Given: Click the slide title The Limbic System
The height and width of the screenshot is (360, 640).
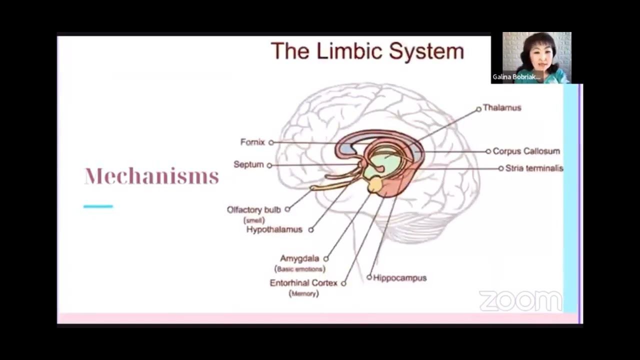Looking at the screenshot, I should pos(367,51).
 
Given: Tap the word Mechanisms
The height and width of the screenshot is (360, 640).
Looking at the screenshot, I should pos(152,176).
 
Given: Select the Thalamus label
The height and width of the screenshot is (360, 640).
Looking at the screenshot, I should pos(501,108).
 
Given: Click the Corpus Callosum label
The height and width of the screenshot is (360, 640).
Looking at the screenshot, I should pos(526,151).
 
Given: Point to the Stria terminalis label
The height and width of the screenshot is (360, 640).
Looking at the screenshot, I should pos(534,168).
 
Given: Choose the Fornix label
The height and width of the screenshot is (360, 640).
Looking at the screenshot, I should pos(252,142).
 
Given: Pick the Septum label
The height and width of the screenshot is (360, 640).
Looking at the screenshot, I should pos(248,164).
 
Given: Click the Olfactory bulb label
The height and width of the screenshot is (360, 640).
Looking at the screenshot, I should pos(254,209).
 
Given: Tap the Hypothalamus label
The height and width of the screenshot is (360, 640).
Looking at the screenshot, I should pos(274,229).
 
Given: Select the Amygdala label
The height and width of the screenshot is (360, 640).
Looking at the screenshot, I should pos(299,258).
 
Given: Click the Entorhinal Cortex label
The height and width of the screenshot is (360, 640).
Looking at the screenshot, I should pos(303,283).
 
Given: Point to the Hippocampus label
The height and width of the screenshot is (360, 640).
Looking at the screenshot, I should pos(399,277).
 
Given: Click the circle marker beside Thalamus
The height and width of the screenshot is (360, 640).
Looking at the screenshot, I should pos(478,108).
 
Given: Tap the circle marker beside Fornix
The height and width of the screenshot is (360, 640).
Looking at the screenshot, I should pos(271,142).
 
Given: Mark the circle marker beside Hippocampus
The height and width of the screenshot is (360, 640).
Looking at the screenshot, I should pos(369,277).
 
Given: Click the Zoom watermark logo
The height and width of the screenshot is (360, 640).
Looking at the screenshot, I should pos(520,301).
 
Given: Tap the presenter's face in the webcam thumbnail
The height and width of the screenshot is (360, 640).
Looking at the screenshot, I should pos(532,54).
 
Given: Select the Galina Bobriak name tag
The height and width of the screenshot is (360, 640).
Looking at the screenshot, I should pos(516,77).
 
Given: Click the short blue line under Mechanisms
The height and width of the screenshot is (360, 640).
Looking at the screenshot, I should pos(98,206).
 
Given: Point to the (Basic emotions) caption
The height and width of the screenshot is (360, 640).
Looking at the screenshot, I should pos(299,269).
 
